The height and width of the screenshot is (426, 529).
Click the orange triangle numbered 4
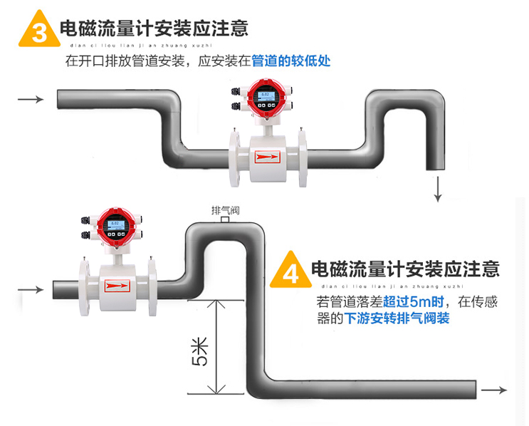coord(290,270)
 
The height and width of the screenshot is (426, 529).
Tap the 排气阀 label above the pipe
coord(225,210)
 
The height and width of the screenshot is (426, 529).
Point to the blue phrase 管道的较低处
coord(291,61)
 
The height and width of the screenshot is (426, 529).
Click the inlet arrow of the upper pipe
coord(31,99)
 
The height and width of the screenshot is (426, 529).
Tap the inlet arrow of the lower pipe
coord(30,289)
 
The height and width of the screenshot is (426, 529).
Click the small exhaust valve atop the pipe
coord(224,221)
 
